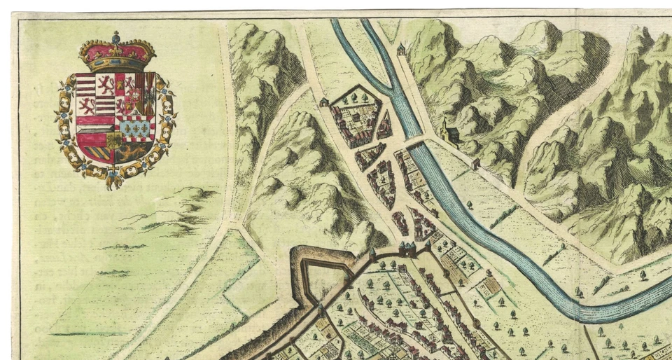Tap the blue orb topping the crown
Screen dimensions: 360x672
(116, 34)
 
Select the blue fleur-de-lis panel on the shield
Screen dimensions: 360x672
(136, 127)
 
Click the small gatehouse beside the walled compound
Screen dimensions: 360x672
(324, 102)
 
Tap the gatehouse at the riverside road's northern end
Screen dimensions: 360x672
(400, 49)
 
